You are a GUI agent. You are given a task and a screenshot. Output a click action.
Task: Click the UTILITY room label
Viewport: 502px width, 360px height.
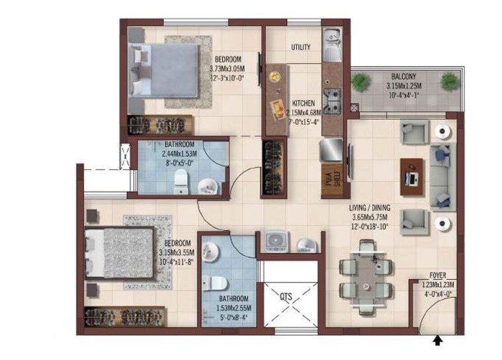(x=302, y=48)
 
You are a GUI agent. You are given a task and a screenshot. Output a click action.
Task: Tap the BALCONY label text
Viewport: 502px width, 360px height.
(x=403, y=76)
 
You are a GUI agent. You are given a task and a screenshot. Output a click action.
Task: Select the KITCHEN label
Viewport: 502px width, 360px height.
(x=304, y=103)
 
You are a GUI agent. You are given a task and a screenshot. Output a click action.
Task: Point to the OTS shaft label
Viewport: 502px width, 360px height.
(x=286, y=296)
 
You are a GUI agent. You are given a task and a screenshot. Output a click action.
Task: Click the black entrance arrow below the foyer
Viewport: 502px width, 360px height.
(x=437, y=341)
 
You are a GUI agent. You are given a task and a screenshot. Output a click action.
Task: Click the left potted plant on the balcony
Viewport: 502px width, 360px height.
(x=360, y=83)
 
